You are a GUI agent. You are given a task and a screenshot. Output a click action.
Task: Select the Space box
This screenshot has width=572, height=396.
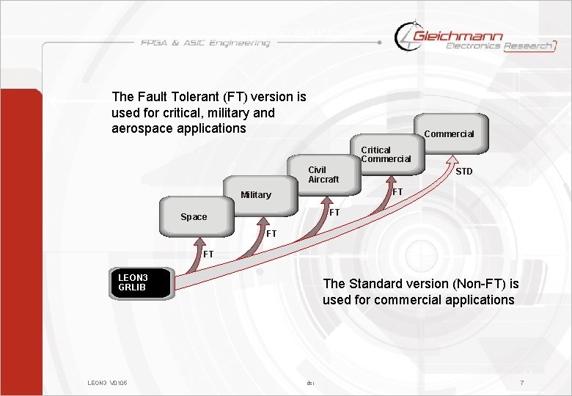(196, 216)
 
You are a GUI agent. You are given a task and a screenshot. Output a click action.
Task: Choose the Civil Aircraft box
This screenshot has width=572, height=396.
(323, 175)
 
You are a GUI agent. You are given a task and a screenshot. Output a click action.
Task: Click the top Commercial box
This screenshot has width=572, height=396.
(449, 133)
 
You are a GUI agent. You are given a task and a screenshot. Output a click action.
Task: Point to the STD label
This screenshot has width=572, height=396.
(463, 172)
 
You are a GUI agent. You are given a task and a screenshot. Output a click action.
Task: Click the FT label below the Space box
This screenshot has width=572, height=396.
(208, 254)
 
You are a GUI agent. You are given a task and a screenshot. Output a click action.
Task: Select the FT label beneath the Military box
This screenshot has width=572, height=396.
(271, 234)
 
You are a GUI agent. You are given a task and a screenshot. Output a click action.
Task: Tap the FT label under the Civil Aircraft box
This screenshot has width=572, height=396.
(334, 213)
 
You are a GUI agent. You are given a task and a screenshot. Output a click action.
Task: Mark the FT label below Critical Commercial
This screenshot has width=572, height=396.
(397, 192)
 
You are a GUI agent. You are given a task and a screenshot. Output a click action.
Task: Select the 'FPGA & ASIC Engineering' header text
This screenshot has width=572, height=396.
(205, 43)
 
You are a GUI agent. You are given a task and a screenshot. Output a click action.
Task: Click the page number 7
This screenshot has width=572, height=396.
(521, 383)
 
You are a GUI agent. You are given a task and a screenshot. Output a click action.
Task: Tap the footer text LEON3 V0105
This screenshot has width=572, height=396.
(108, 383)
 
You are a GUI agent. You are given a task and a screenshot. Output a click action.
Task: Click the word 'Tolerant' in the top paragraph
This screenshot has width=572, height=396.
(184, 96)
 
